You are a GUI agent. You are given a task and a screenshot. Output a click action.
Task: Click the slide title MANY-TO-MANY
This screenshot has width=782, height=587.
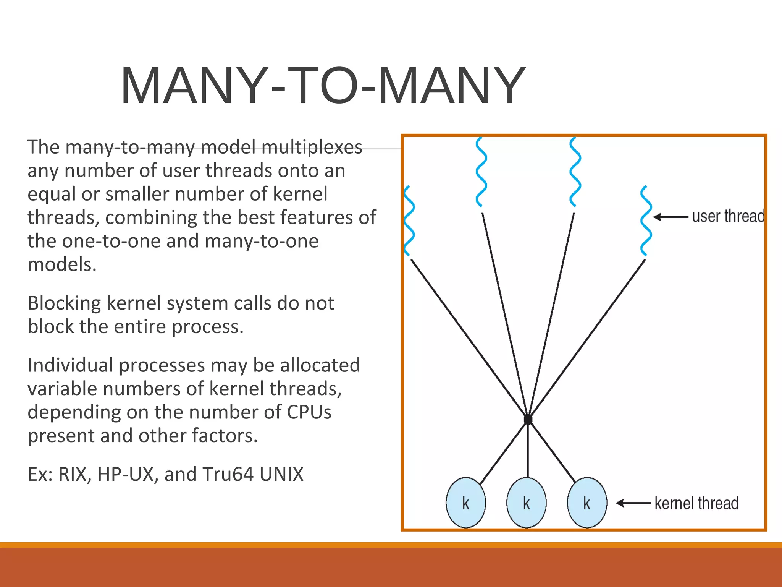tap(323, 86)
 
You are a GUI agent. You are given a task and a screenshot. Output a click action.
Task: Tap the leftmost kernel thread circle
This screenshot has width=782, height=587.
tap(466, 503)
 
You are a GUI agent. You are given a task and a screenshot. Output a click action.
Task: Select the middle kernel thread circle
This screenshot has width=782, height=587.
tap(527, 503)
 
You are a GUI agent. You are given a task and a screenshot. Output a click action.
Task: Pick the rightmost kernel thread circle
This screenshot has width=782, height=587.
tap(587, 503)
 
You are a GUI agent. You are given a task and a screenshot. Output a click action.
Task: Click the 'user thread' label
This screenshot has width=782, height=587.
tap(728, 216)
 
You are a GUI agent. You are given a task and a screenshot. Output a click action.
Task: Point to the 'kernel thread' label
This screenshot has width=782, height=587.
tap(696, 503)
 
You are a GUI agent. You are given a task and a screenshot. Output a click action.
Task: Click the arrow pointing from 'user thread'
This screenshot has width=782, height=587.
tap(671, 217)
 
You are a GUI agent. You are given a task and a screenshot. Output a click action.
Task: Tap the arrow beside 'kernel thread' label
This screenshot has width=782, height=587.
tap(633, 503)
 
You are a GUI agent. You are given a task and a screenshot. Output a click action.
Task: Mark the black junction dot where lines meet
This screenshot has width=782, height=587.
tap(528, 420)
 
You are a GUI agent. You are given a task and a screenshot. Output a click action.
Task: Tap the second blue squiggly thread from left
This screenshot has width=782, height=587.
tap(481, 172)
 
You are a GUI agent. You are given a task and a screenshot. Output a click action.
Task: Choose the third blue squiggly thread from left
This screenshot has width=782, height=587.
tap(575, 172)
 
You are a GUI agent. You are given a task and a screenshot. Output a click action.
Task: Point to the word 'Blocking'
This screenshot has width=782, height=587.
tap(64, 303)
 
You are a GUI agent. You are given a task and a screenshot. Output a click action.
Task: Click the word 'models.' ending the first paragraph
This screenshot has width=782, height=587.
tap(62, 264)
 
